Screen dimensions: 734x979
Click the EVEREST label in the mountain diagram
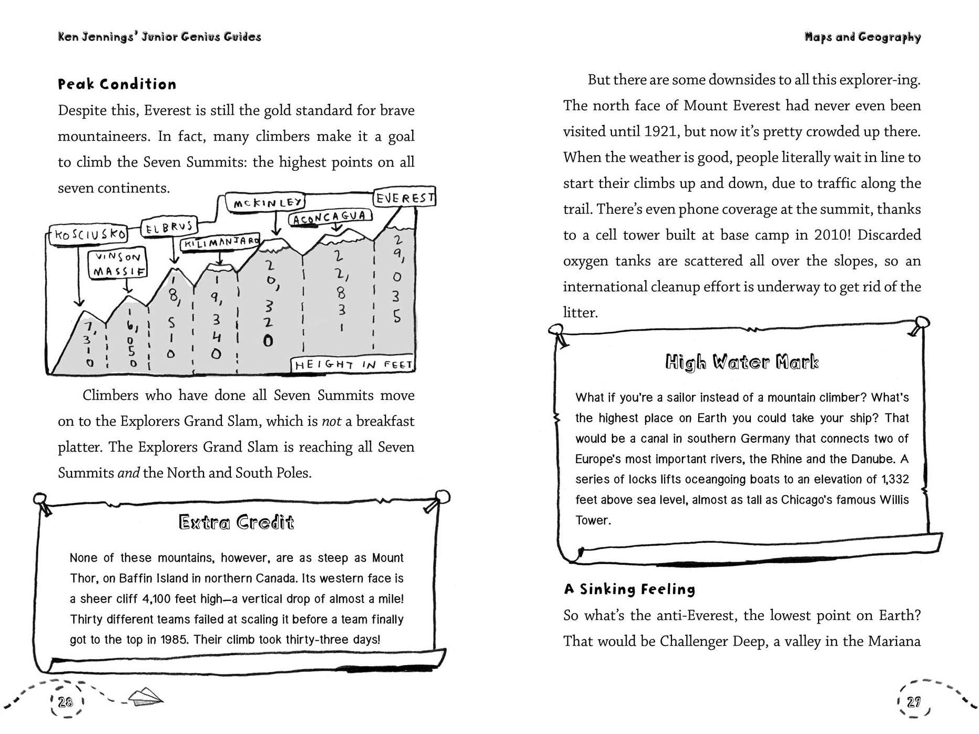[x=404, y=198]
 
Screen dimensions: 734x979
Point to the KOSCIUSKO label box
[x=88, y=234]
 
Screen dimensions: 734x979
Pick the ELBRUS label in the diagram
[x=169, y=228]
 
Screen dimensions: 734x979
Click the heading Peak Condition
[x=117, y=84]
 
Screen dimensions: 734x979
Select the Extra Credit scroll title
[x=236, y=522]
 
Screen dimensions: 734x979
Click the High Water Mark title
[x=742, y=362]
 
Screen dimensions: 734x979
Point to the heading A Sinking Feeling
[x=629, y=589]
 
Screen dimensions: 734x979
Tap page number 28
[x=66, y=701]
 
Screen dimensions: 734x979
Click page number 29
[x=914, y=701]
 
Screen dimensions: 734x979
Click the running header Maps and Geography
[x=862, y=37]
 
